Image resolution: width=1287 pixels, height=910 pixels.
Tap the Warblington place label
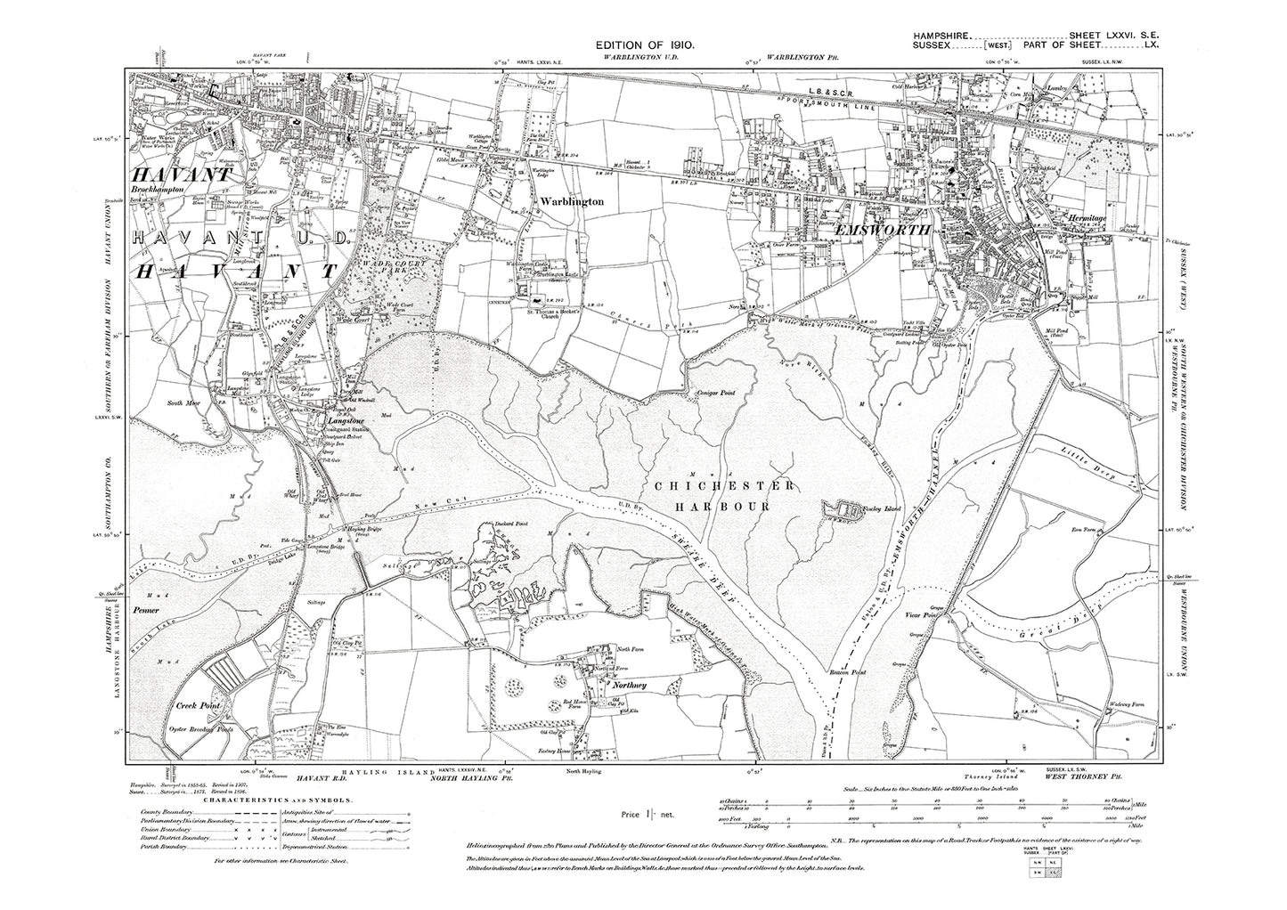[x=571, y=202]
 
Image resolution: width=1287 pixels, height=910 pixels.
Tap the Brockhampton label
[x=161, y=190]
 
